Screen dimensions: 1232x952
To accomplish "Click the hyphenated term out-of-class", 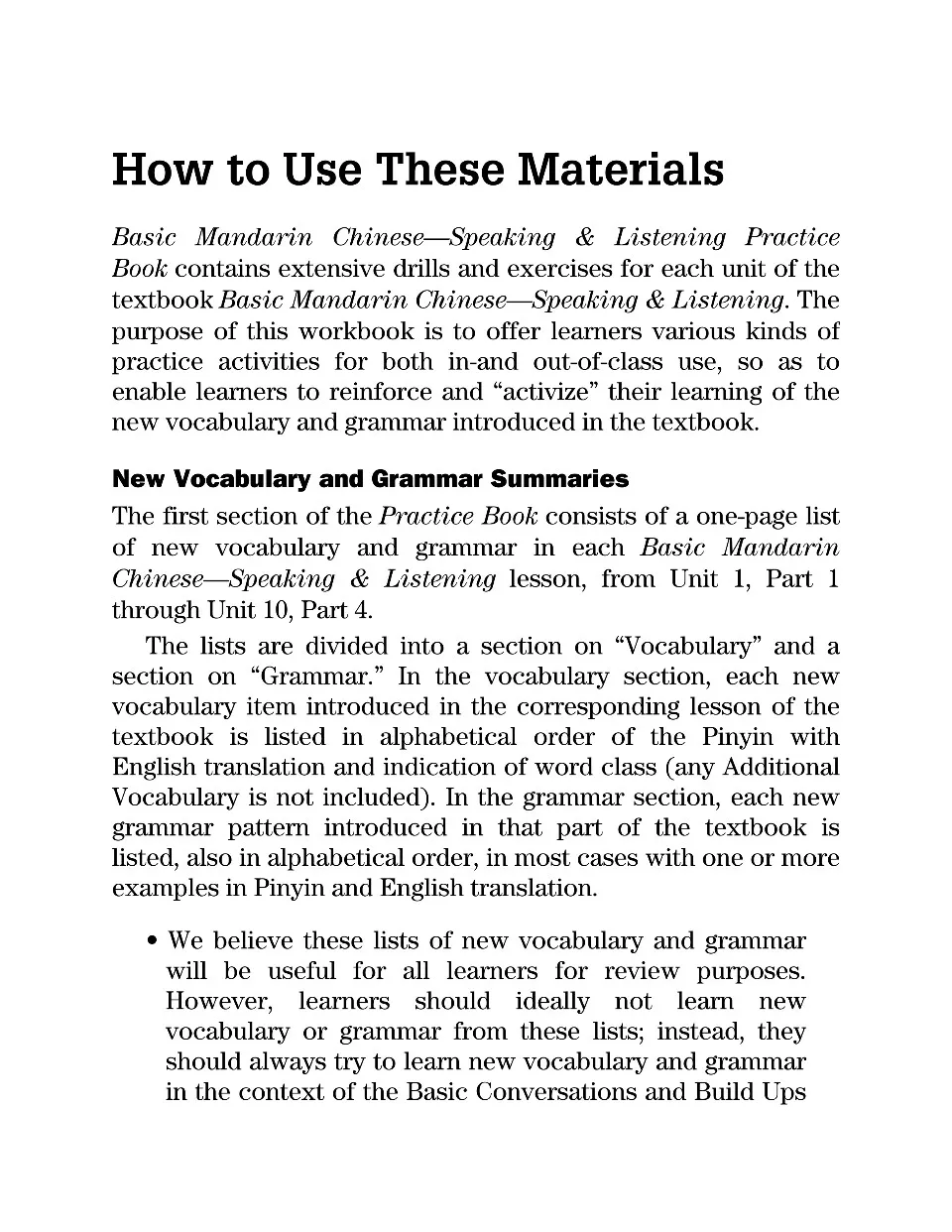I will (x=598, y=361).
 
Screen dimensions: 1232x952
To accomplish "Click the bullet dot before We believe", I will (x=153, y=941).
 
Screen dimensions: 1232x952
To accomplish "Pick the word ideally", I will (x=552, y=1002).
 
